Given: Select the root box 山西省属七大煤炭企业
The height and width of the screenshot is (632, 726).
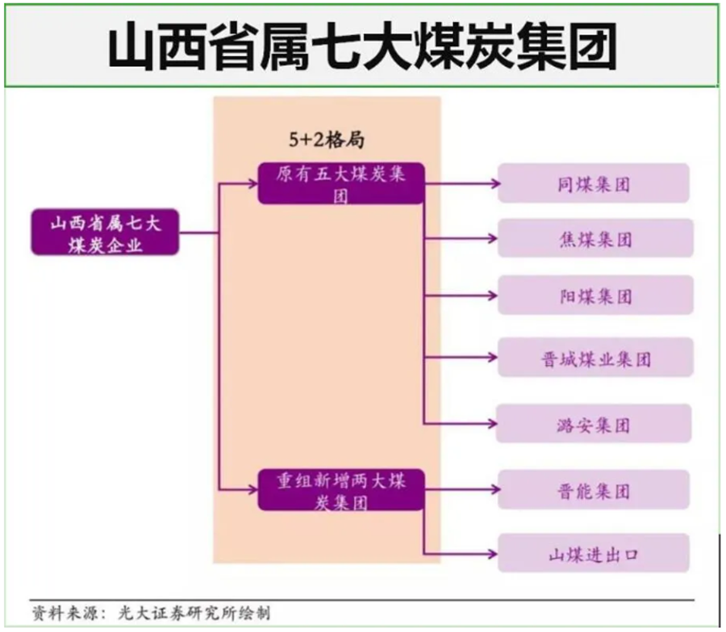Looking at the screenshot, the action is (105, 232).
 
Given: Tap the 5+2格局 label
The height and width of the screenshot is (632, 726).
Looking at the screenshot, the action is (327, 140).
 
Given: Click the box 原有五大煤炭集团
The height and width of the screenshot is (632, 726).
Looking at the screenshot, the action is (341, 183).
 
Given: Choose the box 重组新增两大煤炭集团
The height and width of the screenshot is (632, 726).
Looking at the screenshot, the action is (341, 490).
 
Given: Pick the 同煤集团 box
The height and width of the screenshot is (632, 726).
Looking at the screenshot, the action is (594, 183).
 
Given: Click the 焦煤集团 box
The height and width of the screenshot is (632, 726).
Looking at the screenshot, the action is (595, 238).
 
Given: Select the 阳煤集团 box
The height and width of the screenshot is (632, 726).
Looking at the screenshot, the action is (595, 295).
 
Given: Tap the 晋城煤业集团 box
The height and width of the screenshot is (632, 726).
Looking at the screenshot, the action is (595, 358).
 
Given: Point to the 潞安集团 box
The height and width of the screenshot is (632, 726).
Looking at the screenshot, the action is (594, 424).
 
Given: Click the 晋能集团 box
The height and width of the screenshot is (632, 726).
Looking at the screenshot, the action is (594, 490).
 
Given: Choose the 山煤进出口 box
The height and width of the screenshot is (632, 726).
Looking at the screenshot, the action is (594, 553).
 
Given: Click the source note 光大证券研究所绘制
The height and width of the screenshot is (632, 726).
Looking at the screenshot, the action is (194, 613).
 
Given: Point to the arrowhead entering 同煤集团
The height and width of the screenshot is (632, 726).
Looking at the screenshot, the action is (495, 183).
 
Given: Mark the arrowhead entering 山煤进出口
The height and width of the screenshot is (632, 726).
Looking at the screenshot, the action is (492, 554).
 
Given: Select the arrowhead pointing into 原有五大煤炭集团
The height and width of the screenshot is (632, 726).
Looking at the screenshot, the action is (252, 183).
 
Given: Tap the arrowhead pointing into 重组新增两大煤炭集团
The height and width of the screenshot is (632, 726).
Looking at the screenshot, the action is (252, 489).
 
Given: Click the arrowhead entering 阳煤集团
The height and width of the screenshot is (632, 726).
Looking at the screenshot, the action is (492, 295).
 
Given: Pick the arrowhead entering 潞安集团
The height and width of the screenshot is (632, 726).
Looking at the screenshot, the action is (492, 424).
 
